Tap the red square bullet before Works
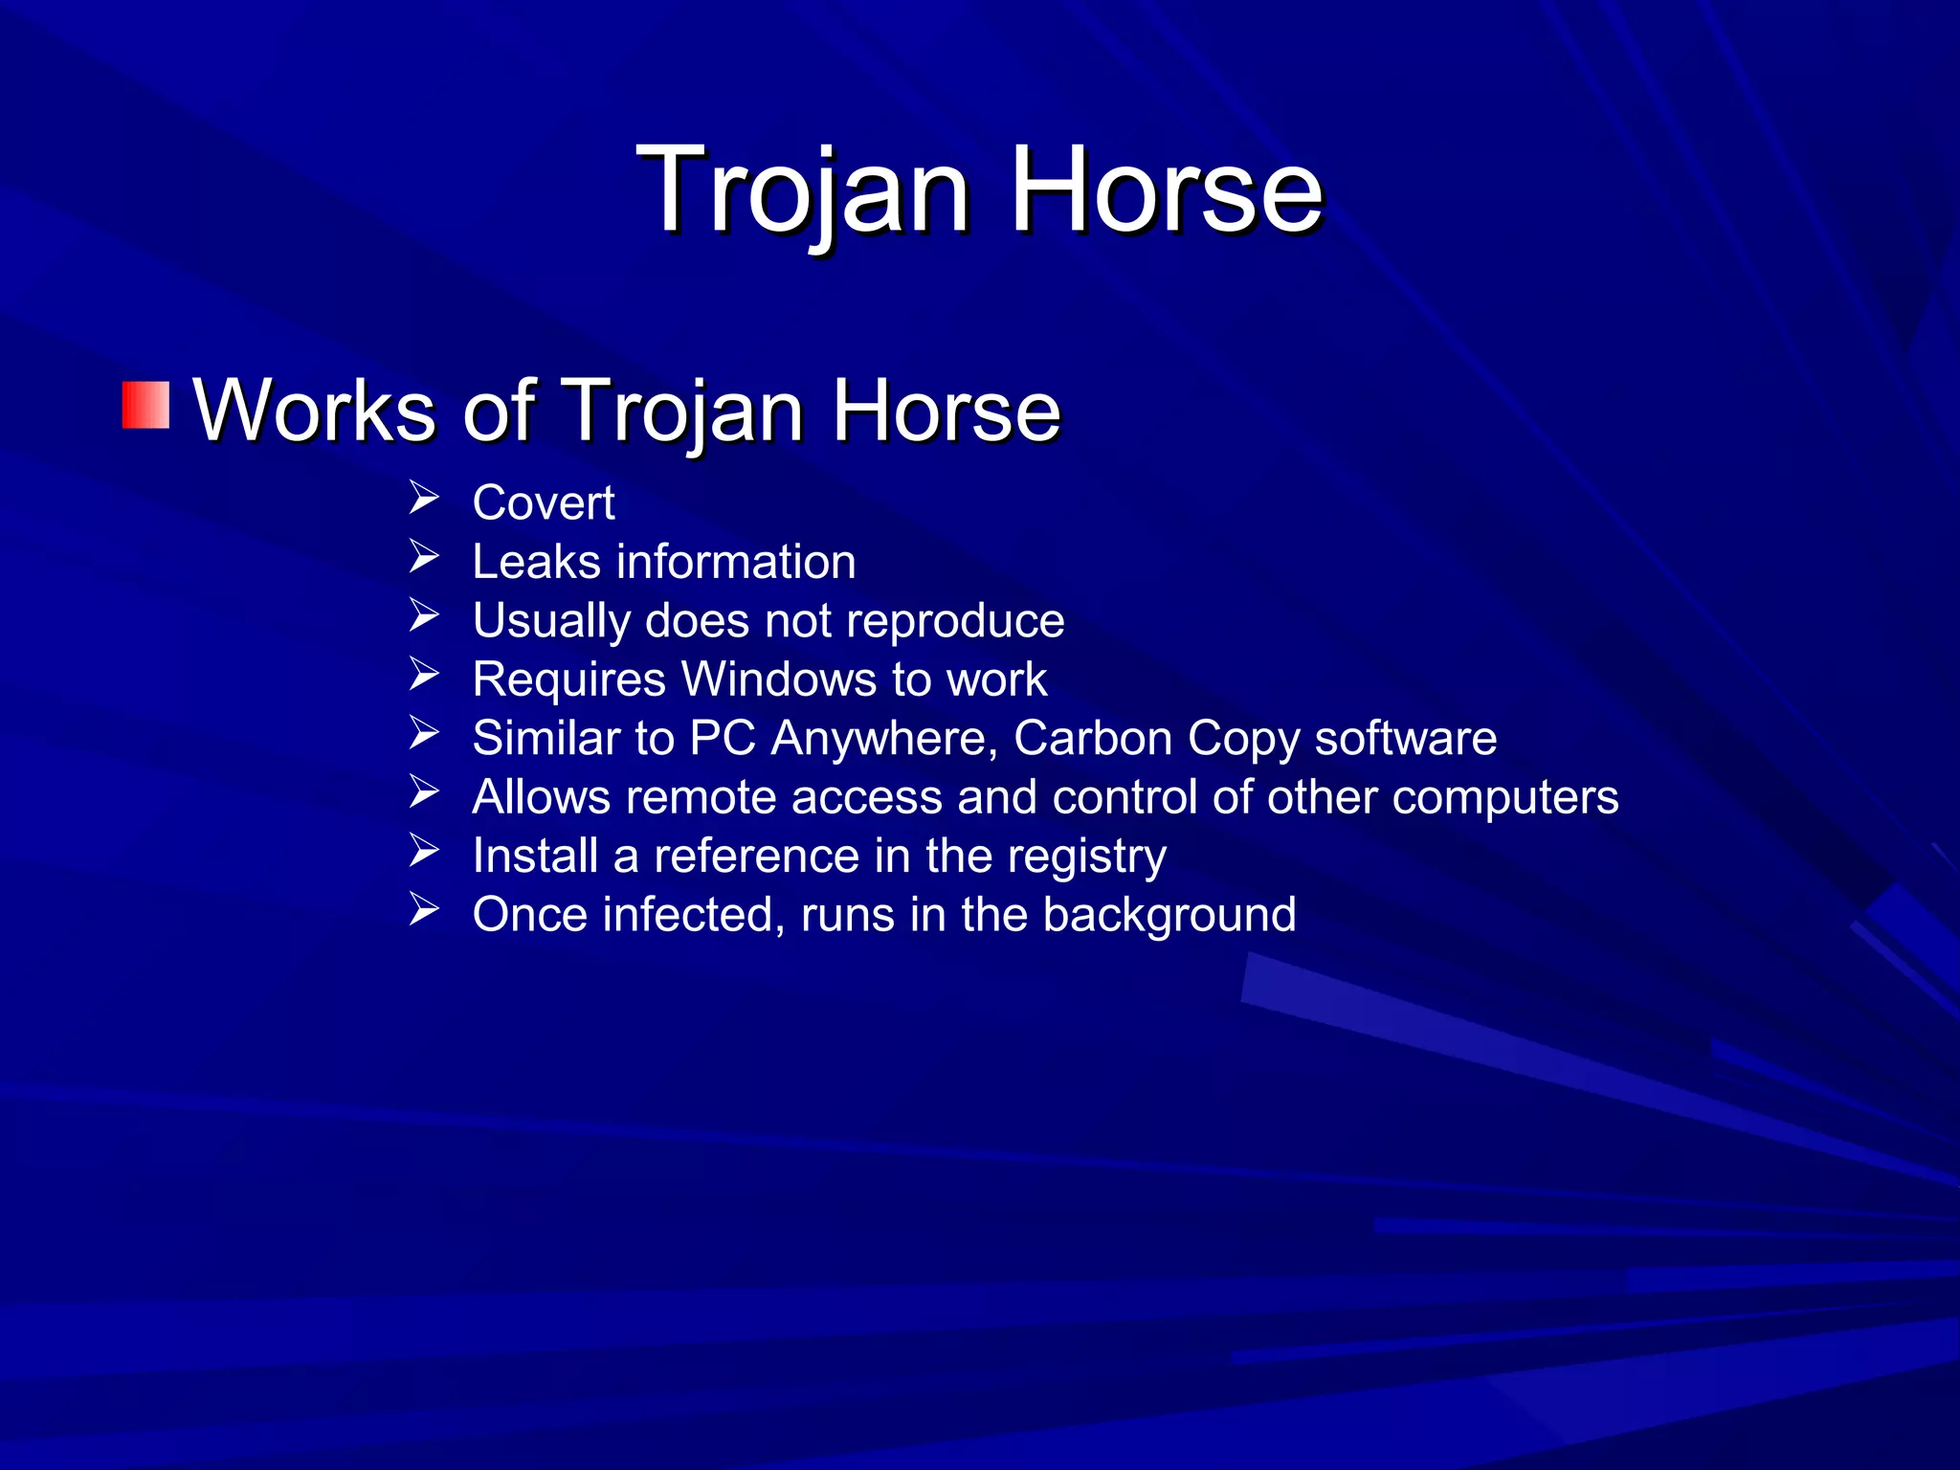(x=145, y=405)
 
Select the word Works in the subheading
(x=315, y=411)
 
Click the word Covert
(x=543, y=503)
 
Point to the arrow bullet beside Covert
(x=423, y=499)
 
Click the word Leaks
(x=536, y=562)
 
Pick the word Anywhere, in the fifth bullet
(x=884, y=739)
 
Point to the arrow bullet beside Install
(x=423, y=851)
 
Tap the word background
(x=1169, y=916)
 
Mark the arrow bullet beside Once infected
(x=423, y=909)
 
